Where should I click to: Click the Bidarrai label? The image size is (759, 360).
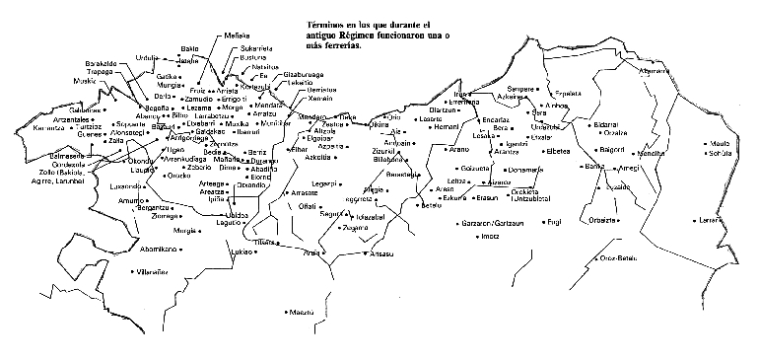tap(603, 125)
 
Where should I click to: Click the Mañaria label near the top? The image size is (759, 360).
tap(237, 36)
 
